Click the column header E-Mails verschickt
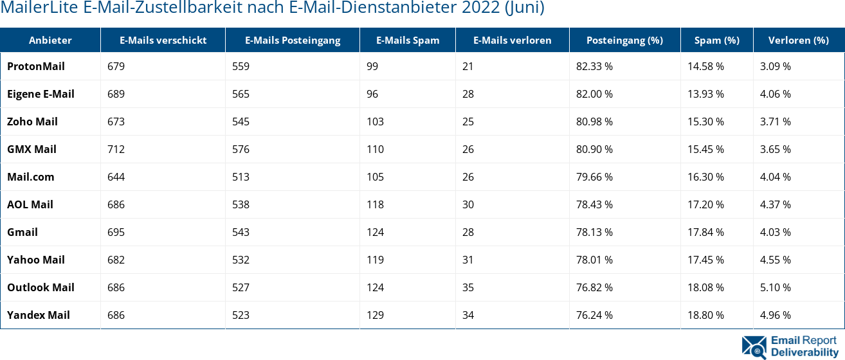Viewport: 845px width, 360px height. point(163,40)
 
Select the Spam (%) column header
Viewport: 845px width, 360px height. point(716,40)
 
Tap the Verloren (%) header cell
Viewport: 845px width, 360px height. point(798,40)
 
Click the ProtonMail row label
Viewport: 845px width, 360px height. point(36,66)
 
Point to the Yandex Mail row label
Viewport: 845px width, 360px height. point(39,315)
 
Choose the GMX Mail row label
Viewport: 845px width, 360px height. point(32,149)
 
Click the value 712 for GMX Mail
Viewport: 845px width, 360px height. point(116,149)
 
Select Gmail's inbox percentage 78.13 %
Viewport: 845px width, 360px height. point(594,232)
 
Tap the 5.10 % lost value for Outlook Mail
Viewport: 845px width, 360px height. point(776,287)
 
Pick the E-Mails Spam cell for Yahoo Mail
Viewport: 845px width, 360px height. point(375,260)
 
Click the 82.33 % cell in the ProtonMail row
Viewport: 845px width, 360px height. point(594,66)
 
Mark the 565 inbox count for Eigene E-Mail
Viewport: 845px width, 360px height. point(241,94)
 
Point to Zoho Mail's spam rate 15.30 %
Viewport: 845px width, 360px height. point(705,122)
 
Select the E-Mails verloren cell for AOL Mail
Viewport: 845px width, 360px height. point(468,204)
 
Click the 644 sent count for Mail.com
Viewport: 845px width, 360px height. point(116,177)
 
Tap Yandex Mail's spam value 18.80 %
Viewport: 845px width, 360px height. point(705,315)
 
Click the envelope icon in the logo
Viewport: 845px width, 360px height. point(754,346)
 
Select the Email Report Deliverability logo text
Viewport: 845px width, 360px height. point(804,346)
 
